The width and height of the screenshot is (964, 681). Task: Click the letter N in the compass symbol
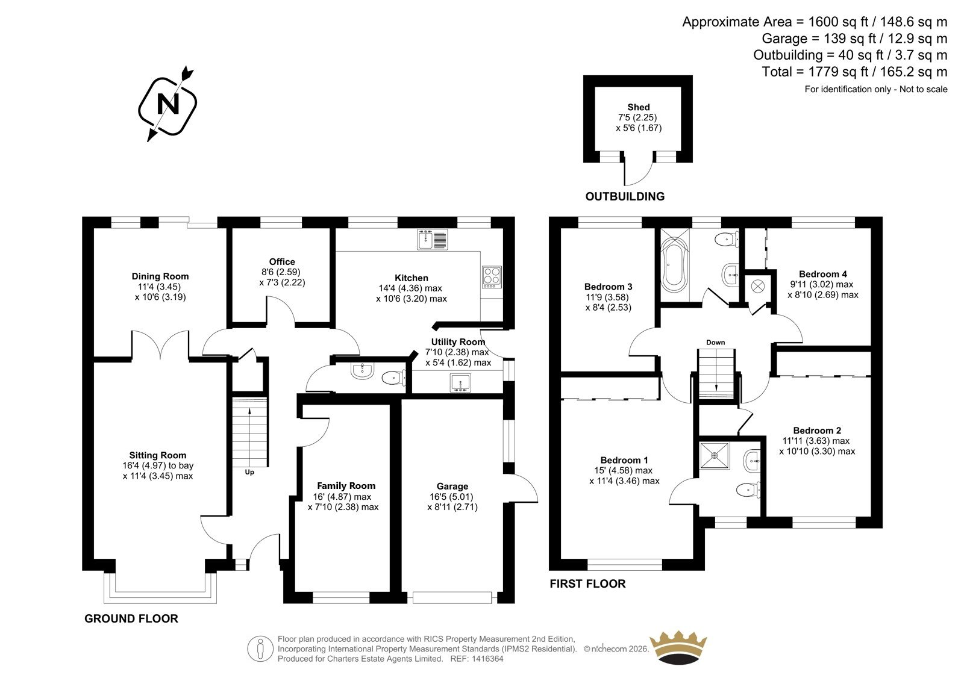pos(168,104)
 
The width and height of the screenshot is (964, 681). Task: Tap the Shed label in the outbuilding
pos(638,107)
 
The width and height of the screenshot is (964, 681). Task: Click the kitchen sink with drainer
pos(432,239)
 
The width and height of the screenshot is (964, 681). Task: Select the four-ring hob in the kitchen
pos(492,276)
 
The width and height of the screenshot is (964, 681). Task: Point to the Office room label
pos(282,261)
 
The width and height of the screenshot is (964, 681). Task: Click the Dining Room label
pos(160,276)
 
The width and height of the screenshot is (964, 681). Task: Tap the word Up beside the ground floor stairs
pos(249,472)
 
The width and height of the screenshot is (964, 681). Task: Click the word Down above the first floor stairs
pos(715,343)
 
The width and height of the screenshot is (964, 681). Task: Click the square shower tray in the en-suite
pos(715,455)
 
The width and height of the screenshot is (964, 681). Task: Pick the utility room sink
pos(460,383)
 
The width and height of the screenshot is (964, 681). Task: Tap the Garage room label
pos(452,486)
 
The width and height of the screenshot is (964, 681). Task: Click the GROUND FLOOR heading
pos(131,618)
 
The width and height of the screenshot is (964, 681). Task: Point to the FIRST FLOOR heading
pos(587,584)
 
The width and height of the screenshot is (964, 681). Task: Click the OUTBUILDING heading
pos(625,197)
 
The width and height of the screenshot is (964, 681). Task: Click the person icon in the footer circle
pos(260,648)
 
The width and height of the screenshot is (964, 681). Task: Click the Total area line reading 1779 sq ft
pos(854,72)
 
